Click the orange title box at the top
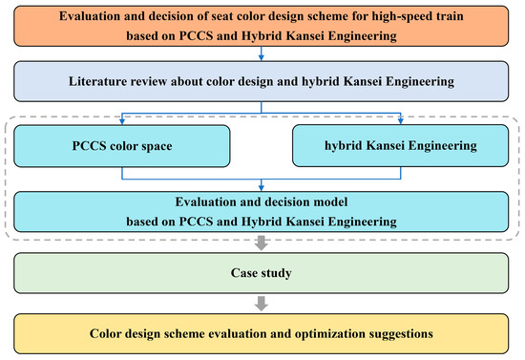click(262, 30)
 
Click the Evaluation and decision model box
click(262, 211)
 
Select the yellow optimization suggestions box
click(262, 334)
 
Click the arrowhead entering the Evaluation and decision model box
click(262, 187)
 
